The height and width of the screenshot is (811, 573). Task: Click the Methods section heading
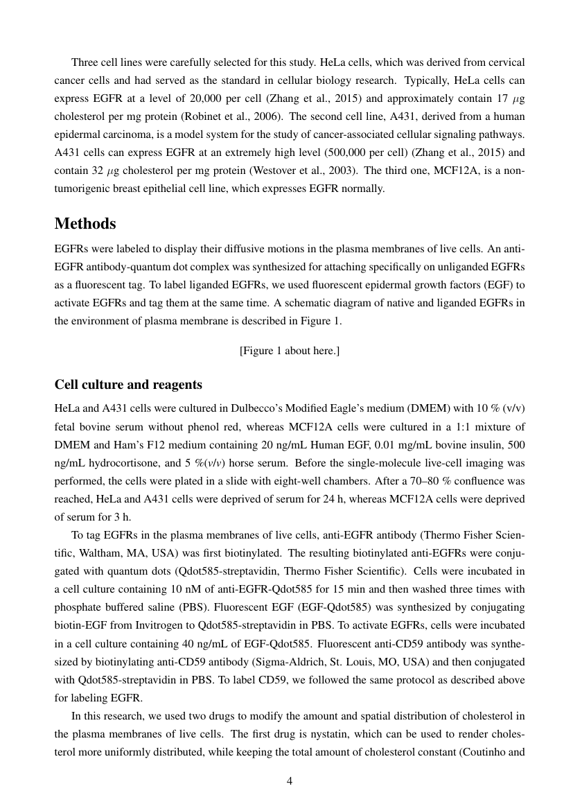point(85,224)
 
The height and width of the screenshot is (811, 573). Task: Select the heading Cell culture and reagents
point(128,385)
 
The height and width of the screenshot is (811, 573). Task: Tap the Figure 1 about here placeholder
point(290,351)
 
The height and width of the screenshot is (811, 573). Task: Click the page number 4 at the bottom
point(290,781)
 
